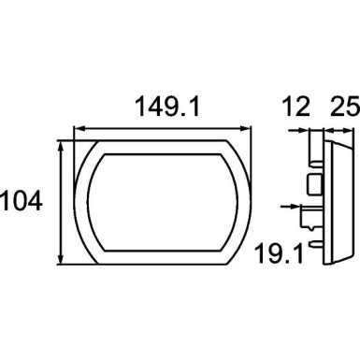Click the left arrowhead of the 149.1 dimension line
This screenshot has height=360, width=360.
coord(77,130)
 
